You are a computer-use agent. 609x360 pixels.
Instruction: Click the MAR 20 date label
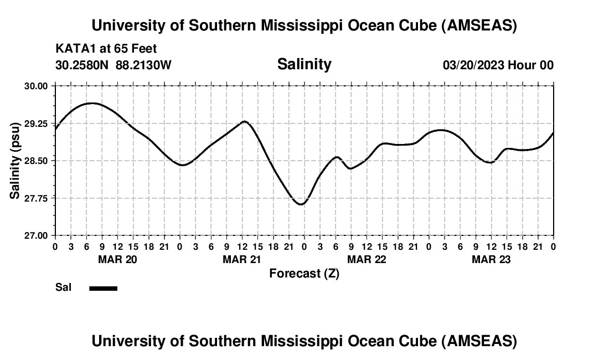point(117,259)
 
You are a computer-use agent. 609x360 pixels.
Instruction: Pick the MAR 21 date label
point(242,259)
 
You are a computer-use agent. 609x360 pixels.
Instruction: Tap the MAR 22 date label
point(367,259)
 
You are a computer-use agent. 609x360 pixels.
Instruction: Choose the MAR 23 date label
point(491,259)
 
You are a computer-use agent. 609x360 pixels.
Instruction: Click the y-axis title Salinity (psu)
point(15,161)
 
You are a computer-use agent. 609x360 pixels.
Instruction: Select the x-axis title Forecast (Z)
point(304,273)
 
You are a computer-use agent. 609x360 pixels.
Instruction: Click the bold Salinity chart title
point(304,64)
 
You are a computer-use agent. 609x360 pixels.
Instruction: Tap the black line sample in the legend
point(103,288)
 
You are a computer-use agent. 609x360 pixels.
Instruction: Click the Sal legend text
point(63,287)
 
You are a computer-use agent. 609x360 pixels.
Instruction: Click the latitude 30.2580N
point(82,65)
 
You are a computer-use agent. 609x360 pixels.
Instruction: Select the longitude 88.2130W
point(143,65)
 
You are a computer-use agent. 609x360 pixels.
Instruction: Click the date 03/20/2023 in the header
point(473,65)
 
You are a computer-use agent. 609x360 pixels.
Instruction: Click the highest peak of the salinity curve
point(91,103)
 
